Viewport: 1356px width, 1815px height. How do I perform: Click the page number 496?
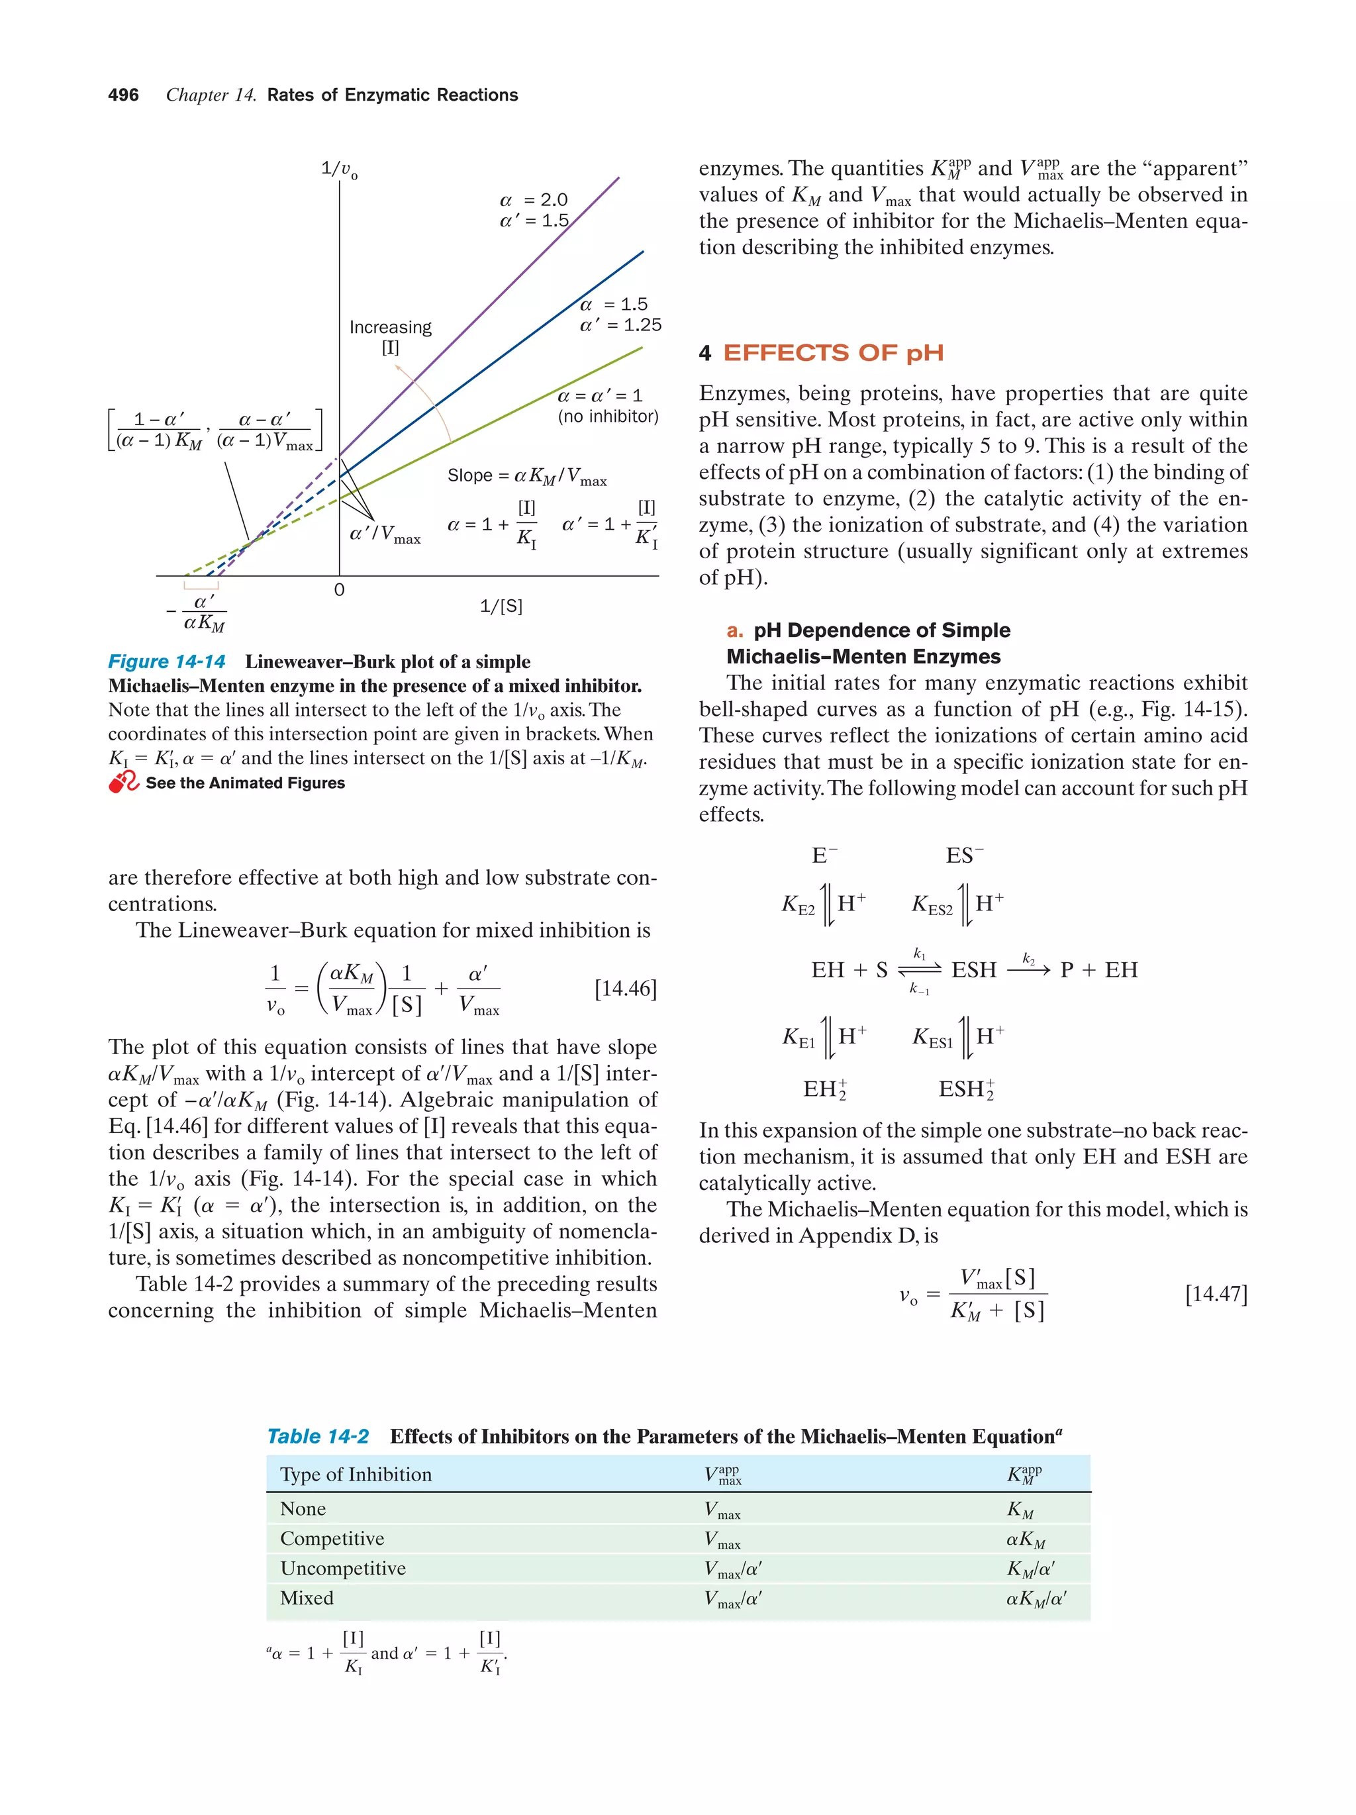point(123,95)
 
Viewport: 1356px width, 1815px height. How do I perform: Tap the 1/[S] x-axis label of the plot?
point(501,607)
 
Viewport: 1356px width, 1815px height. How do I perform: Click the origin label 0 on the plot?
point(339,590)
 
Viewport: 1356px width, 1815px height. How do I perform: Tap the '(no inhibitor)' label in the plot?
point(608,417)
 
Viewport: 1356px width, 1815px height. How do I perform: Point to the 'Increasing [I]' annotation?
point(390,336)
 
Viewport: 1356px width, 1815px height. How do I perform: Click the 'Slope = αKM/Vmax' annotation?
point(526,477)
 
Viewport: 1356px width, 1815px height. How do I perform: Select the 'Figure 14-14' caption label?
point(167,662)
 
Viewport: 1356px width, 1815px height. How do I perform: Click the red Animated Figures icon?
point(124,783)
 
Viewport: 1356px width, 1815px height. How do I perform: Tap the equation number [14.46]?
point(625,988)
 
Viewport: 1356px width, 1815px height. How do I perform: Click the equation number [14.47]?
point(1216,1294)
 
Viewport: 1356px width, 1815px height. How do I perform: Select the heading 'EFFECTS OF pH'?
point(833,353)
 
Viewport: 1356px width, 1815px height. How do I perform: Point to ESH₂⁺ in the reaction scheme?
point(965,1090)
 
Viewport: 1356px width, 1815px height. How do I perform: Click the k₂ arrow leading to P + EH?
point(1029,970)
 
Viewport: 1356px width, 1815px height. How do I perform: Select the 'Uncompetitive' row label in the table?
point(343,1568)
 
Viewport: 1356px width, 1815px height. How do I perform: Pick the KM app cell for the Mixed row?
point(1036,1598)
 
